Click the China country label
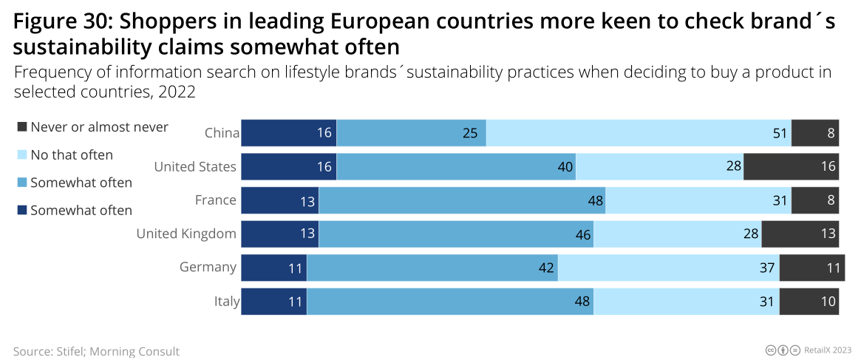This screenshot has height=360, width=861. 222,133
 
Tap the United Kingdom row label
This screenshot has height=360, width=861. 186,234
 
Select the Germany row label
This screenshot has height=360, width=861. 208,268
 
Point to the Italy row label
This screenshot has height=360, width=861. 226,302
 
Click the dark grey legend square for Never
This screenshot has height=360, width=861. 21,127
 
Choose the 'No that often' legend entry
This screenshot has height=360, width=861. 71,155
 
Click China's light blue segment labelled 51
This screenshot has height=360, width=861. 638,133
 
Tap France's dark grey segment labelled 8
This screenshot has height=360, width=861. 815,200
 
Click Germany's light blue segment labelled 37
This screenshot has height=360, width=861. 668,268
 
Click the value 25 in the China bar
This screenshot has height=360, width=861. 470,134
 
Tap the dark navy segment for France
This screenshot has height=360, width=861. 279,200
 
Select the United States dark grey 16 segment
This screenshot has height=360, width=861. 791,167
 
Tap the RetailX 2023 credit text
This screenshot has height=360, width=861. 828,350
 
